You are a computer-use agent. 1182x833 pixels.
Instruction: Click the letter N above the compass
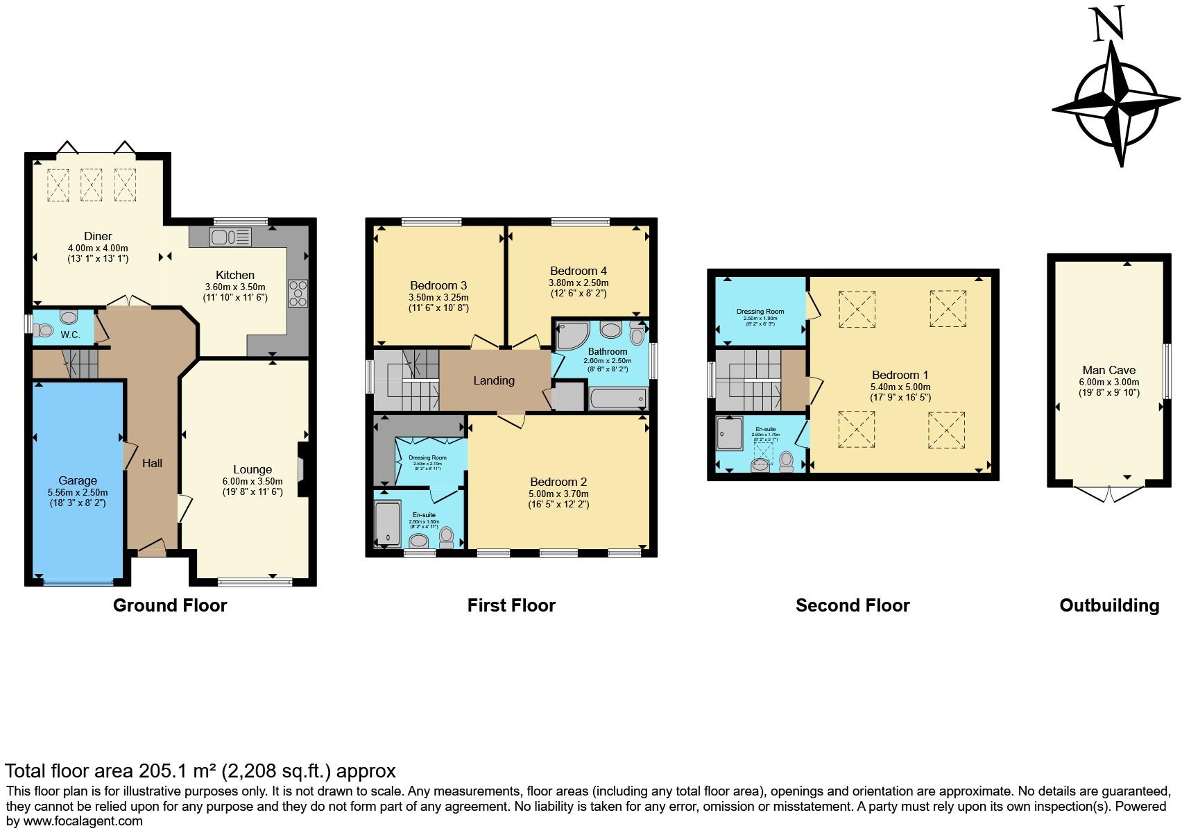[1108, 26]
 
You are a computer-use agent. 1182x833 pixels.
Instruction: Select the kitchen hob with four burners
[298, 293]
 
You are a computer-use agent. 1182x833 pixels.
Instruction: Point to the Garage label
[78, 480]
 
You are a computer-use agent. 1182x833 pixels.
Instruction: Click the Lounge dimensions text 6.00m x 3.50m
[252, 481]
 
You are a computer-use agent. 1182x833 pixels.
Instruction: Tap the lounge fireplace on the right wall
[301, 470]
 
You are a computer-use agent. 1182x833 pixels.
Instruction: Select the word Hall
[152, 463]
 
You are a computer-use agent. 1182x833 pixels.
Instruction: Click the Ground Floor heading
[170, 605]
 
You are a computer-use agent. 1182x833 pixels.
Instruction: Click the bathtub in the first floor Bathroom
[617, 398]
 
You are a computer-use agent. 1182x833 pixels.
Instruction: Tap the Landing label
[494, 380]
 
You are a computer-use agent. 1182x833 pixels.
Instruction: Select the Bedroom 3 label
[438, 285]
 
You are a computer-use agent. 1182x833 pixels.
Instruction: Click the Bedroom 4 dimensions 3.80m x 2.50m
[579, 283]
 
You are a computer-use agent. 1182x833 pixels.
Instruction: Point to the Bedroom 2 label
[558, 482]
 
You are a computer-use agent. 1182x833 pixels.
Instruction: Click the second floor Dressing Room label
[760, 312]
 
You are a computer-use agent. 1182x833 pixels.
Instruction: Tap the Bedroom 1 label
[900, 375]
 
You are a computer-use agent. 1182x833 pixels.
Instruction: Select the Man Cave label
[1109, 371]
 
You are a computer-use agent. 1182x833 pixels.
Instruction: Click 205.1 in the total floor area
[163, 771]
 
